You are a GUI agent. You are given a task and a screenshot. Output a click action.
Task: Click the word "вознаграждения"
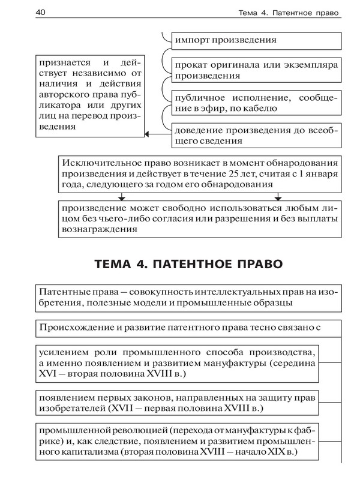96,229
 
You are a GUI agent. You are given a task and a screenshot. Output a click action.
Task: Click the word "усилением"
61,352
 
